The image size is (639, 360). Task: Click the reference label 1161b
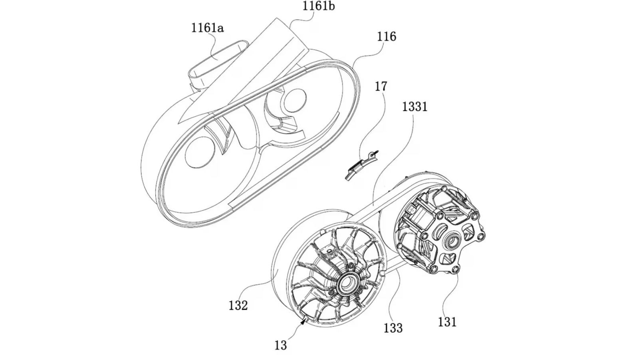pyautogui.click(x=318, y=6)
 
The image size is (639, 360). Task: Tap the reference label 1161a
pyautogui.click(x=207, y=28)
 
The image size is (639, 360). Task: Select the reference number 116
pyautogui.click(x=386, y=37)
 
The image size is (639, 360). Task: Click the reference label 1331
pyautogui.click(x=415, y=107)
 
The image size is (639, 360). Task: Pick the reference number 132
pyautogui.click(x=238, y=305)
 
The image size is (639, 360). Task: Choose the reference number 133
pyautogui.click(x=393, y=328)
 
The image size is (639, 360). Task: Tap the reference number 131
pyautogui.click(x=447, y=322)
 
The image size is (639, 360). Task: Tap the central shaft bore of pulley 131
pyautogui.click(x=454, y=241)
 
